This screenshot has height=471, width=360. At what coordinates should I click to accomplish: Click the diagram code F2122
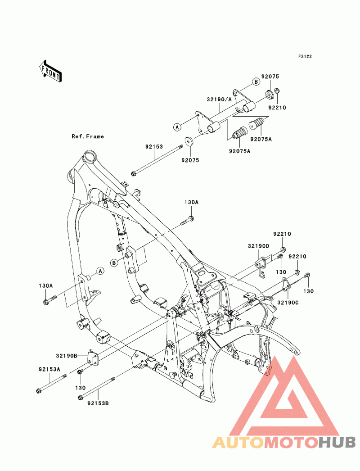tap(305, 56)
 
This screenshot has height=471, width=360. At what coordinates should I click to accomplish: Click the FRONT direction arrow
tap(50, 71)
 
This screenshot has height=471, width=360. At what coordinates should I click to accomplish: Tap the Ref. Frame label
tap(88, 136)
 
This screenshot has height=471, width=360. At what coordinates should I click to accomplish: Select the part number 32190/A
tap(219, 100)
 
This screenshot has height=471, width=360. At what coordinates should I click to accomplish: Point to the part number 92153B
tap(98, 403)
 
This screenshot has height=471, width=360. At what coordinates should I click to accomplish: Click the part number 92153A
tap(49, 370)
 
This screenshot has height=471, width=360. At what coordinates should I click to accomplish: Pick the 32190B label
tap(67, 356)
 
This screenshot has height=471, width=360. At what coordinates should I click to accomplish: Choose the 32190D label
tap(258, 246)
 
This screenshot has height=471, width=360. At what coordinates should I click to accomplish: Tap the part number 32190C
tap(288, 303)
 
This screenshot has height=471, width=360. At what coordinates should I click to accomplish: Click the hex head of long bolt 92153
tap(133, 173)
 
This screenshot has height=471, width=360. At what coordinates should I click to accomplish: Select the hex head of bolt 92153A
tap(38, 391)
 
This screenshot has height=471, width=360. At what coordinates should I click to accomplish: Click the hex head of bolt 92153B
tap(80, 398)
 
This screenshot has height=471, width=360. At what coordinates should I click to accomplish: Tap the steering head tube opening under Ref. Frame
tap(90, 157)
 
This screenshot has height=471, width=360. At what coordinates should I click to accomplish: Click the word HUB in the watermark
tap(337, 442)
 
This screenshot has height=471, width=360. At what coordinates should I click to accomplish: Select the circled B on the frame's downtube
tap(114, 263)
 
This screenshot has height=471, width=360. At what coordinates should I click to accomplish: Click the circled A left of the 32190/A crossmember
tap(177, 127)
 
